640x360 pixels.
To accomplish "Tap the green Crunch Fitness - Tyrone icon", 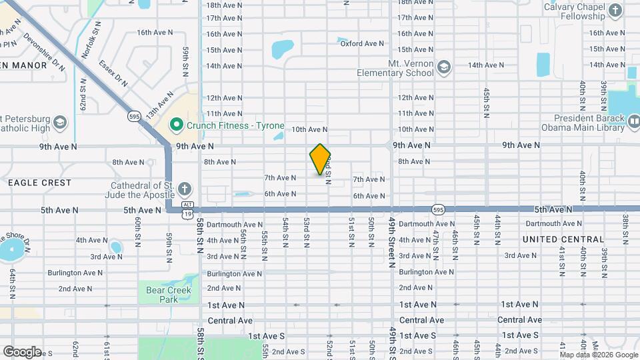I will (x=177, y=125).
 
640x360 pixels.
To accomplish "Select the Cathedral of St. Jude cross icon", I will (x=184, y=189).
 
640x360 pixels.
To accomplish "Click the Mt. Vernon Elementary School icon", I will (x=445, y=67).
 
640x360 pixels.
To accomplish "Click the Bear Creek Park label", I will (x=169, y=294).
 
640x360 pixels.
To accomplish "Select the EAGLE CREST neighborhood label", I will (x=39, y=182).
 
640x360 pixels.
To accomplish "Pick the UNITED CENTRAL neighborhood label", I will (x=563, y=239).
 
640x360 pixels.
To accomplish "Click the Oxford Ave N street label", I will (x=362, y=43).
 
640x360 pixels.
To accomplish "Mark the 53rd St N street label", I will (x=306, y=229).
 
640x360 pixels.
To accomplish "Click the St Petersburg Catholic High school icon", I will (x=61, y=122).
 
